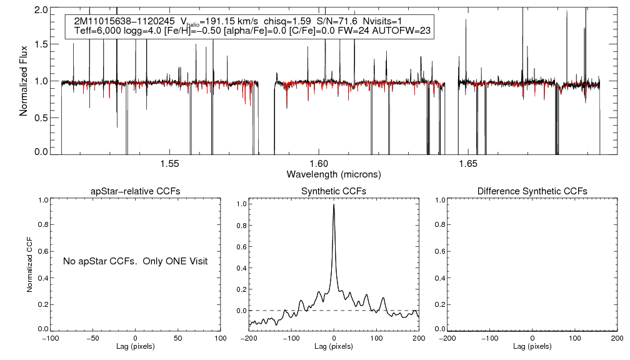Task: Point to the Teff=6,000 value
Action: [x=96, y=31]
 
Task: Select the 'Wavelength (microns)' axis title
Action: [x=334, y=173]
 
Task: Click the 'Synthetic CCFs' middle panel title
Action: [x=334, y=191]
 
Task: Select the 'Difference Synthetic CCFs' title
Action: [x=532, y=191]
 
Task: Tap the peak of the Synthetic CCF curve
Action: [x=334, y=204]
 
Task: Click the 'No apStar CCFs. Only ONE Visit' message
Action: [x=135, y=261]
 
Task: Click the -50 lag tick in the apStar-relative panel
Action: [x=93, y=338]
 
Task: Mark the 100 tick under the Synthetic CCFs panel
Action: [x=377, y=338]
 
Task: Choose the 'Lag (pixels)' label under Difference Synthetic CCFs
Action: [x=532, y=346]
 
